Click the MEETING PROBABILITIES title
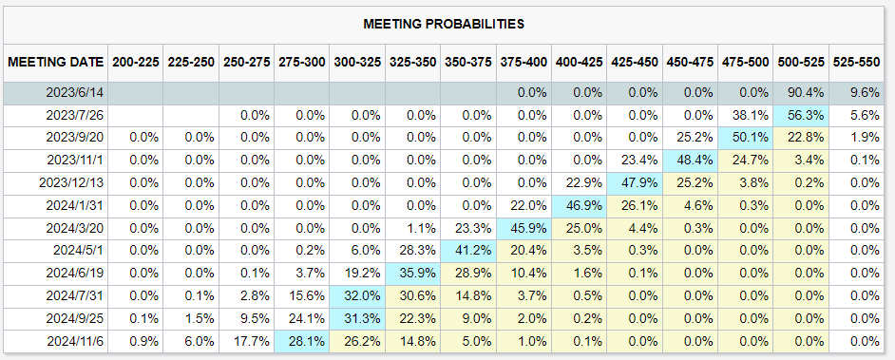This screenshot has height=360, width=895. coord(444,24)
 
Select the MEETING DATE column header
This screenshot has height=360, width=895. coord(56,62)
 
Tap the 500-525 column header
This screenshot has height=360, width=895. coord(801,62)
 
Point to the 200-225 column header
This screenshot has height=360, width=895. coord(135,62)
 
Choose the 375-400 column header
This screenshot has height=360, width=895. coord(524,62)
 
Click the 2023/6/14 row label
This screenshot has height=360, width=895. coord(76,93)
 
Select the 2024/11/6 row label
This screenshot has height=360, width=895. coord(76,341)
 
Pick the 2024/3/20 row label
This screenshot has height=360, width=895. coord(76,228)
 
